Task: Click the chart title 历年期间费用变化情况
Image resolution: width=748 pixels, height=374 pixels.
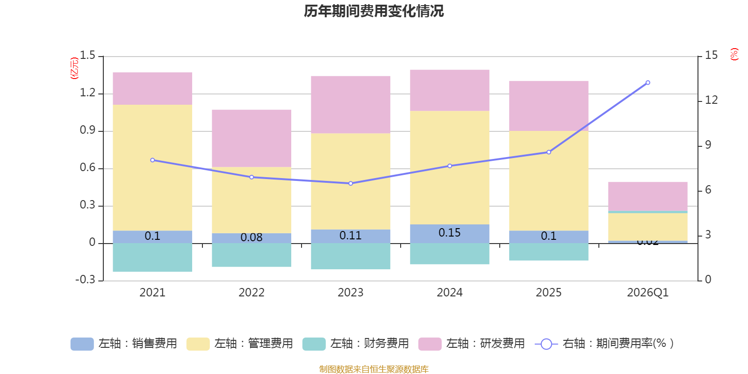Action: point(374,11)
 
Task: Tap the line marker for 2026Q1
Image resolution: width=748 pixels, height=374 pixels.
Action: point(647,83)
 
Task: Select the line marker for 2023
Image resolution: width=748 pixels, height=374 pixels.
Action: point(351,183)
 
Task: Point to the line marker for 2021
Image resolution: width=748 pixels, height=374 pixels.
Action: point(152,160)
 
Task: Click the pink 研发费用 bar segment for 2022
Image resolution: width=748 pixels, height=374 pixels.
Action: point(252,138)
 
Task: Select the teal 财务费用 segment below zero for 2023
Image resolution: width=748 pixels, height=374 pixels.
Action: point(351,256)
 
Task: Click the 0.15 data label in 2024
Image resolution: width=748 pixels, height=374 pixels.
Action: point(449,233)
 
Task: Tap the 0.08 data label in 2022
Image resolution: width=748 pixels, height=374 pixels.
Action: point(252,237)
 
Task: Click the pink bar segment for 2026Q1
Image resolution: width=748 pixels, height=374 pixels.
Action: point(647,196)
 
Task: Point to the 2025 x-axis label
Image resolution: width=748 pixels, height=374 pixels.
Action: point(548,293)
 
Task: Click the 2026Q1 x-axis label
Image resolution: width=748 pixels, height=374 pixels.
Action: point(647,293)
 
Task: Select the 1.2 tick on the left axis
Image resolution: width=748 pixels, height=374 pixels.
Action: point(87,93)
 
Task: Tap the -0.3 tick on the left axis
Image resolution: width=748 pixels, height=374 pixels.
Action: point(85,280)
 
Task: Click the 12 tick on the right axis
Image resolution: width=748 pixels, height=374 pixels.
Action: point(711,100)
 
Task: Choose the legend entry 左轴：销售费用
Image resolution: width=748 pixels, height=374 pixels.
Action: point(124,344)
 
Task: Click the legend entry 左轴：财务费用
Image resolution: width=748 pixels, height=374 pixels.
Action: point(356,344)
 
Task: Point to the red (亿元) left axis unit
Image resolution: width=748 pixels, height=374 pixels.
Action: point(74,68)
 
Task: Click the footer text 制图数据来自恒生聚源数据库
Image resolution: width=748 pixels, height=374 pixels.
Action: point(374,369)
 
